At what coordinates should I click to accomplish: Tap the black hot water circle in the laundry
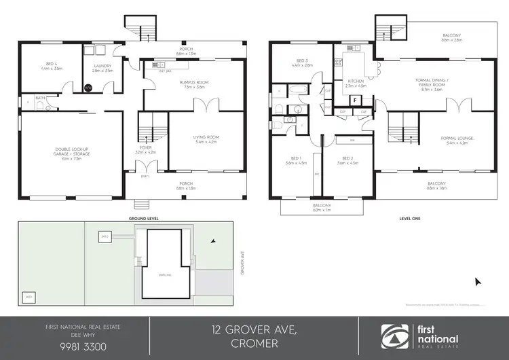pos(88,88)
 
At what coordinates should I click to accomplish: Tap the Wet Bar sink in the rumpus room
pos(164,70)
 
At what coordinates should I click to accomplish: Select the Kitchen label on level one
pos(356,84)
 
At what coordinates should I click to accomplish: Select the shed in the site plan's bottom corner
pos(29,297)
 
